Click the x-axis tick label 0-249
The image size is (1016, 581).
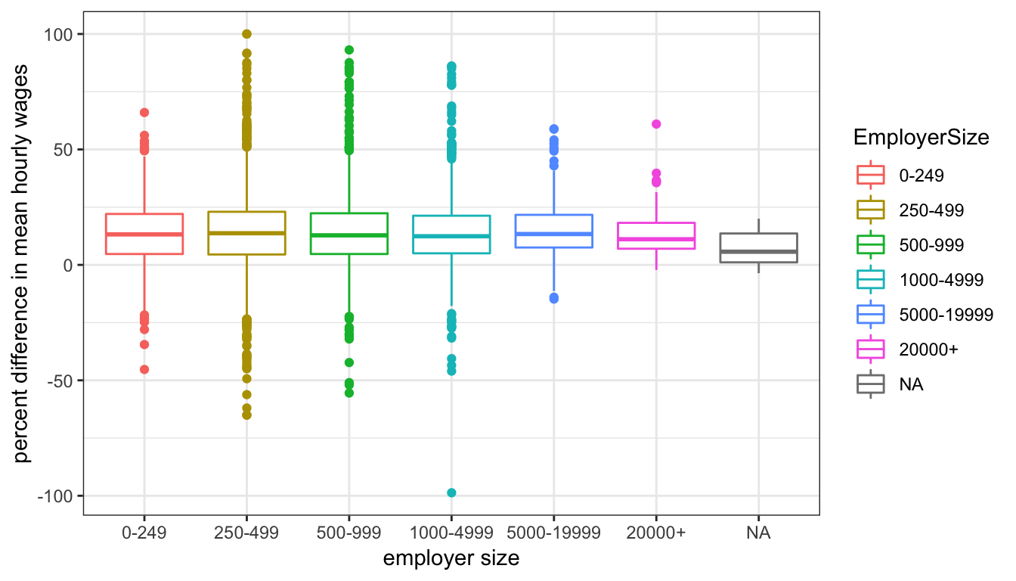[144, 533]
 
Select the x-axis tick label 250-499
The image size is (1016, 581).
[246, 533]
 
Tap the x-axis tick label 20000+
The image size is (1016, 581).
[656, 533]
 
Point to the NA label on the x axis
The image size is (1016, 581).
[758, 533]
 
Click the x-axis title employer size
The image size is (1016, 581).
[451, 559]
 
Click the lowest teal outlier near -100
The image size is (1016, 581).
[451, 492]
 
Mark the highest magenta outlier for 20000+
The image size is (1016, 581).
[656, 124]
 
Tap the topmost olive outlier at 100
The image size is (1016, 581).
[246, 34]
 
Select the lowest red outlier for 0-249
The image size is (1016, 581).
[144, 369]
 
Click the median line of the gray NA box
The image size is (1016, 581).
[758, 251]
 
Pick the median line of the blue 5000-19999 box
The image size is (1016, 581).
[553, 234]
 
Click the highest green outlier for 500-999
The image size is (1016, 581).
[348, 50]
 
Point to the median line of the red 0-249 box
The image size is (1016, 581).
[144, 235]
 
